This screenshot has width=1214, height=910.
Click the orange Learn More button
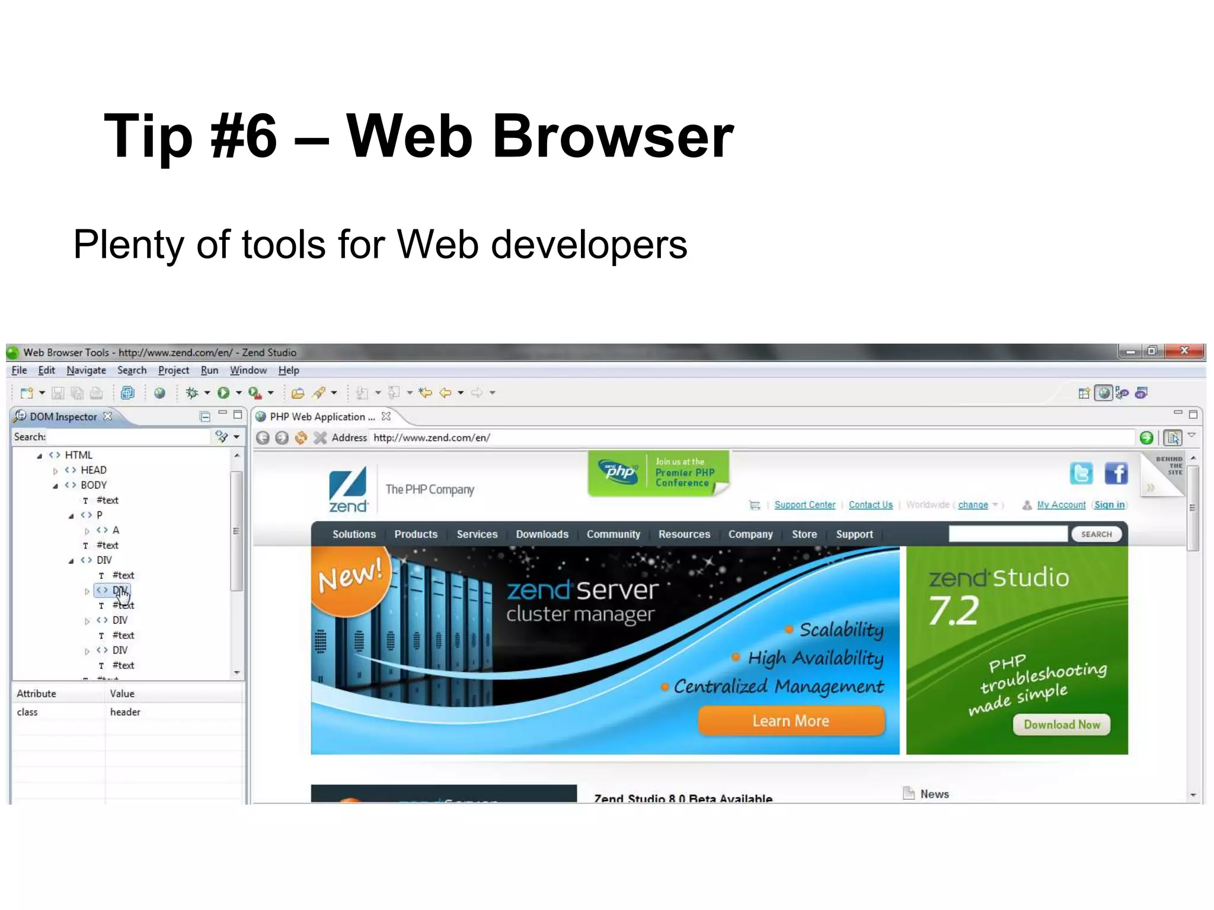[791, 721]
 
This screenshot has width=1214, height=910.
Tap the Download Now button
[1061, 725]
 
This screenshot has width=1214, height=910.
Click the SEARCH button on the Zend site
[1096, 534]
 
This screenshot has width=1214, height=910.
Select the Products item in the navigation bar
[416, 534]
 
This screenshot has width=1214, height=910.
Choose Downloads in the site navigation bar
[542, 534]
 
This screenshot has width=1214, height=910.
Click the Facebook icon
[1116, 473]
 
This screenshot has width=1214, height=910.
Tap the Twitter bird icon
[1081, 473]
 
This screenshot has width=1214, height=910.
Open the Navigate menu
[86, 370]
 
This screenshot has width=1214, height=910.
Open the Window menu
[248, 370]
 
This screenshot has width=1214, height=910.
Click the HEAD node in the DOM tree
[94, 470]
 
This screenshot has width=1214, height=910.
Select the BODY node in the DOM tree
[94, 485]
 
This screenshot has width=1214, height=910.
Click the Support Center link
[804, 505]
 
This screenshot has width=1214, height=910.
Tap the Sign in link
[1109, 505]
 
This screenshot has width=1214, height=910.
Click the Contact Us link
[870, 505]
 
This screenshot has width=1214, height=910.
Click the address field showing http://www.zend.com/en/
[711, 438]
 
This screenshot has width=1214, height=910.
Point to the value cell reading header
[126, 712]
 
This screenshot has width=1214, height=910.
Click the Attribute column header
[37, 694]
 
